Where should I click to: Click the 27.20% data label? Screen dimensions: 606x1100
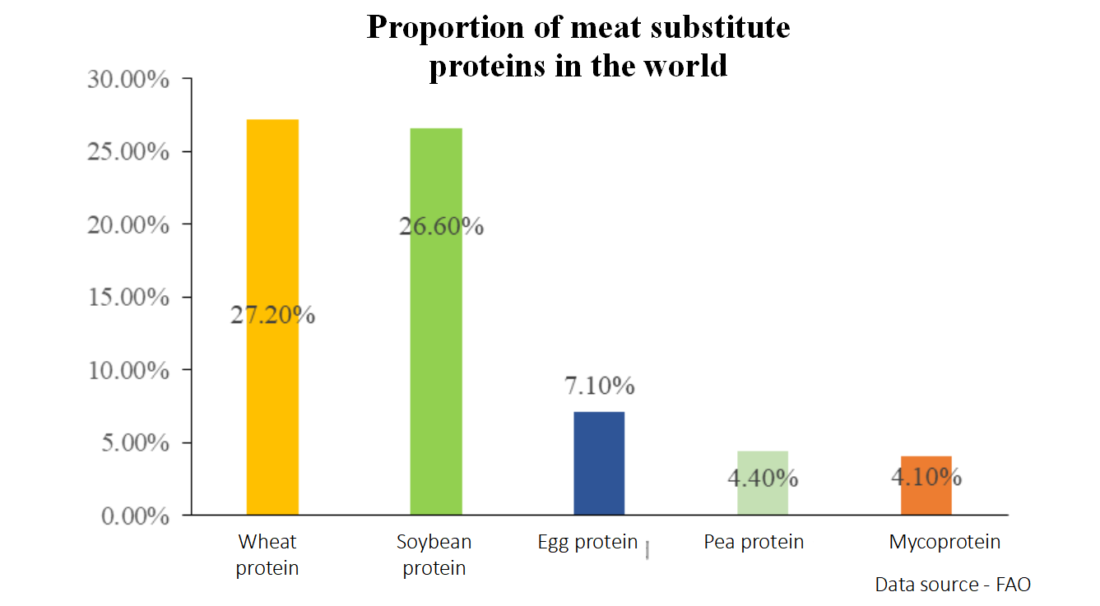point(272,315)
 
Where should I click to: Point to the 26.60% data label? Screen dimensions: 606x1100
point(441,226)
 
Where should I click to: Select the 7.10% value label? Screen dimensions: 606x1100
point(599,385)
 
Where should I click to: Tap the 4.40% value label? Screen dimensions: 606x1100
point(763,477)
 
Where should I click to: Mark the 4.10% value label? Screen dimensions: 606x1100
point(926,476)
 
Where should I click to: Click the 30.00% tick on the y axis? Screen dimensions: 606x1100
point(128,80)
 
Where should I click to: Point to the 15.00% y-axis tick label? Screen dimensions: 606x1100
point(128,297)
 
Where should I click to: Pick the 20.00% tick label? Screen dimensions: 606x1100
point(128,224)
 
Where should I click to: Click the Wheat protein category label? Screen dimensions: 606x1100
point(267,555)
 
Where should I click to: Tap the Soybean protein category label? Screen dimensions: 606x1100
point(434,555)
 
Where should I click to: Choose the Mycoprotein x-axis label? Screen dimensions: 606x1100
point(945,542)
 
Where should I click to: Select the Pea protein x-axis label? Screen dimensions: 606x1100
point(754,542)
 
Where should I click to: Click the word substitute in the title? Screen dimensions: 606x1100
point(709,27)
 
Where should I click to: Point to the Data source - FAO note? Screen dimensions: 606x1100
point(952,585)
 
